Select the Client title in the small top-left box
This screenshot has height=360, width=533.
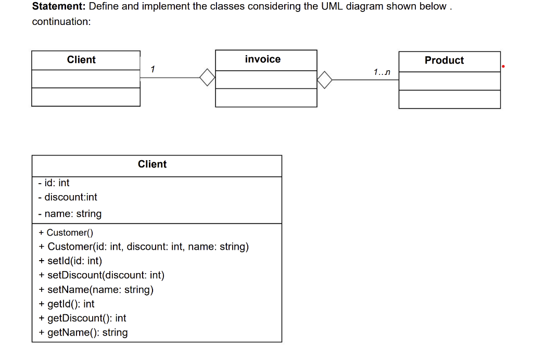[81, 60]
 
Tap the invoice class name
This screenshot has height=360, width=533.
[263, 59]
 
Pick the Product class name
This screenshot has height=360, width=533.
[444, 60]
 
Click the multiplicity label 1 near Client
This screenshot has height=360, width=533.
[151, 69]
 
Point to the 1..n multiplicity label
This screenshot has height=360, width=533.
[382, 72]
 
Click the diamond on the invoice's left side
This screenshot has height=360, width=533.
[207, 78]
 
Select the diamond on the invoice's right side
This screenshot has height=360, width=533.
[324, 80]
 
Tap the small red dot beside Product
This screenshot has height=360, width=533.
[504, 67]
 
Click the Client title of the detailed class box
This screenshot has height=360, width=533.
[152, 164]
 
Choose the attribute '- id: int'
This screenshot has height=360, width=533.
[54, 183]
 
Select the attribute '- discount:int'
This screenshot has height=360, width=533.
[68, 197]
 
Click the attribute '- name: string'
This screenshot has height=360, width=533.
[70, 214]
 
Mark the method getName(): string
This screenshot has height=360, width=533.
[83, 332]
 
